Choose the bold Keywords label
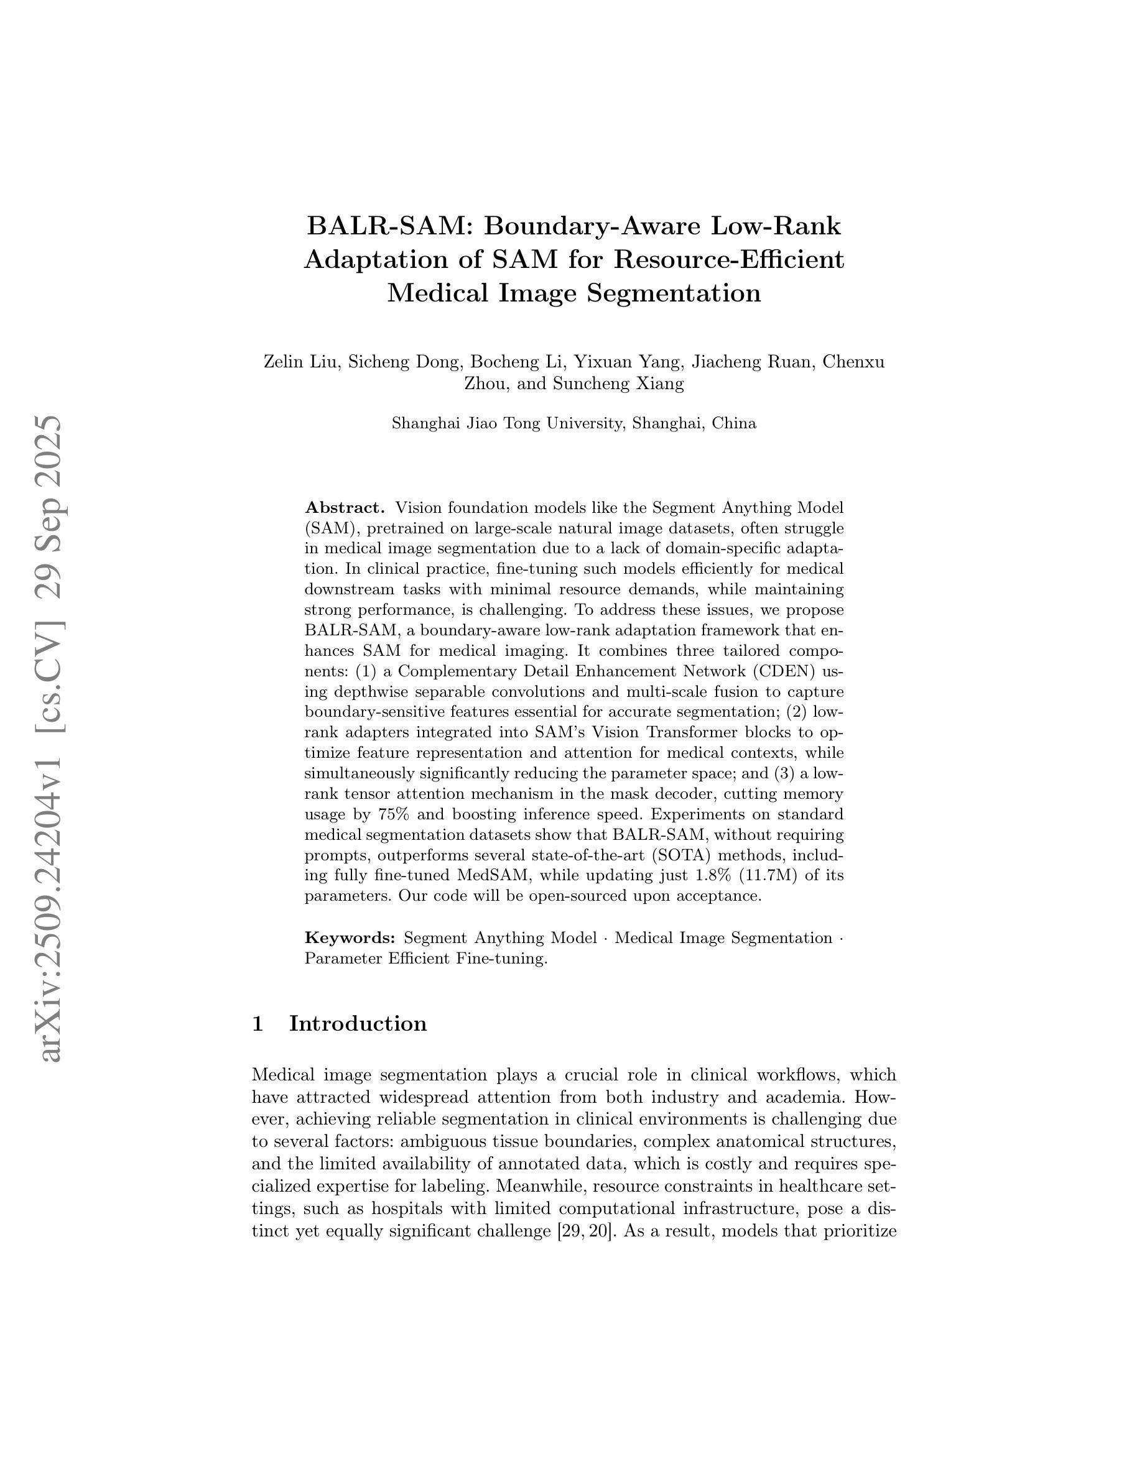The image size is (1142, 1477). [x=350, y=938]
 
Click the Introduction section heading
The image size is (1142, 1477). [x=358, y=1024]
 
